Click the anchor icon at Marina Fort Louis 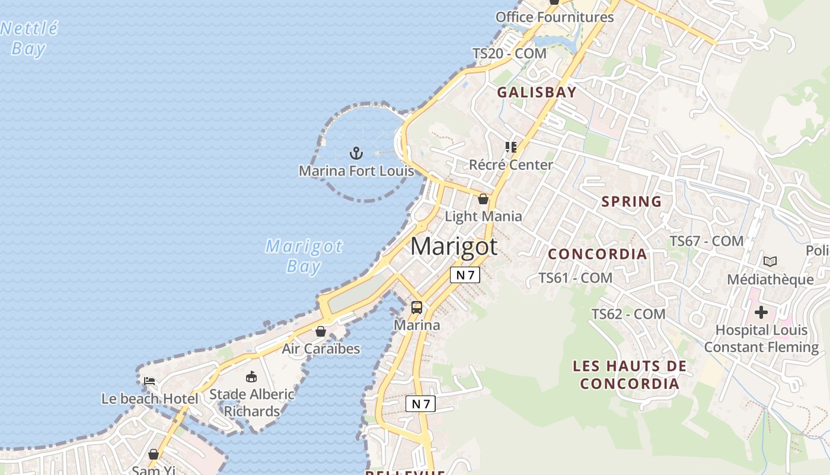[356, 153]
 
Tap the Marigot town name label [454, 246]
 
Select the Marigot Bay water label [304, 256]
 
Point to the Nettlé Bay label [29, 38]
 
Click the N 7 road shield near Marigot [465, 275]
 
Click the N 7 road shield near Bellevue [420, 404]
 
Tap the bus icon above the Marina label [417, 308]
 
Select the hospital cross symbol [761, 312]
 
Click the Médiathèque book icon [770, 261]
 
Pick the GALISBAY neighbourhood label [537, 92]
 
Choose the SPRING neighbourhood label [631, 201]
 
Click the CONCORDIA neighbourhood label [597, 254]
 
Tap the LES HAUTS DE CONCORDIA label [630, 375]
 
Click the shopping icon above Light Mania [483, 199]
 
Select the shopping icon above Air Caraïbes [321, 331]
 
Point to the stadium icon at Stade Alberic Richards [251, 376]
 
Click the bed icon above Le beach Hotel [149, 381]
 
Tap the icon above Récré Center [510, 147]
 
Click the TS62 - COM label [628, 313]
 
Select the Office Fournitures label [554, 17]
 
